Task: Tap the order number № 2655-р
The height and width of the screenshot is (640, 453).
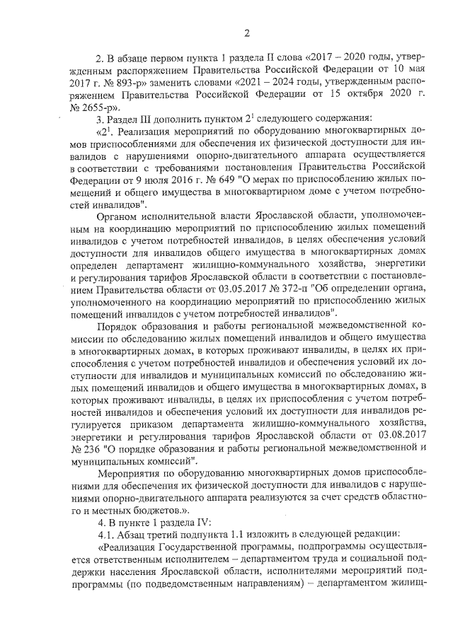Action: click(89, 108)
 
